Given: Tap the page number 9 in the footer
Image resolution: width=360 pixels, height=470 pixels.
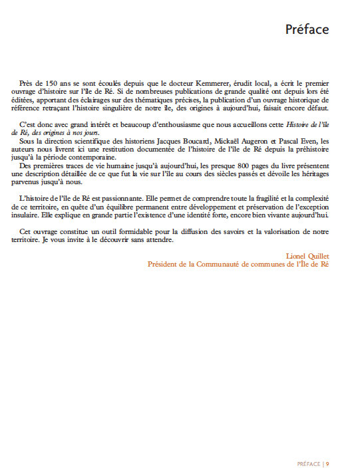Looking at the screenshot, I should [x=328, y=445].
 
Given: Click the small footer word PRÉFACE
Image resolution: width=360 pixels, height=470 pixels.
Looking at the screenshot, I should [x=308, y=445].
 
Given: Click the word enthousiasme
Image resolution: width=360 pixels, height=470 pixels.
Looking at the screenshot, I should [x=166, y=124].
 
